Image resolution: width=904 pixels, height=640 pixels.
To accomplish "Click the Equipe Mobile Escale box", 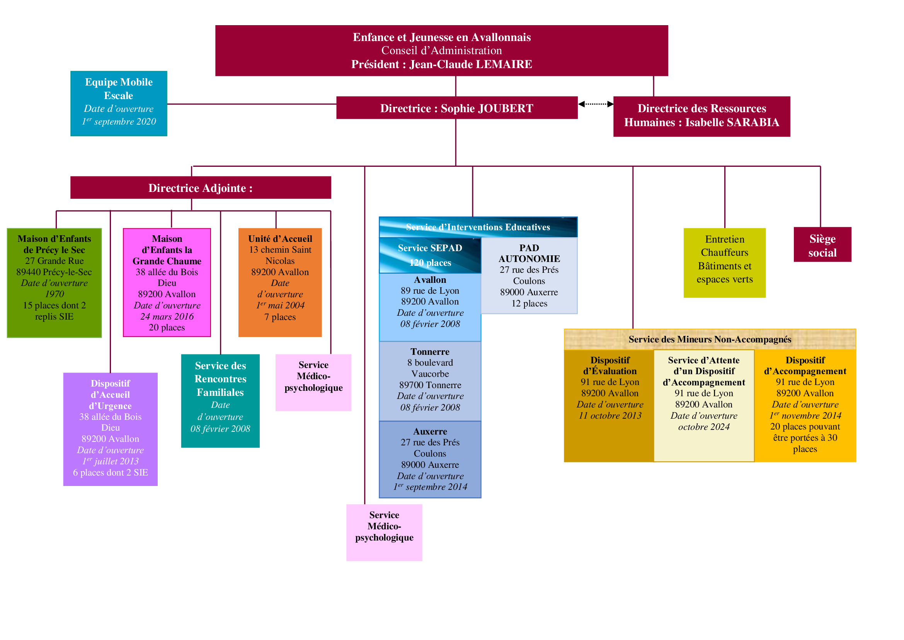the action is point(119,104).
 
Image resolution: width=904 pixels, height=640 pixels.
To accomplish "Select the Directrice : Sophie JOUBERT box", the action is point(457,108).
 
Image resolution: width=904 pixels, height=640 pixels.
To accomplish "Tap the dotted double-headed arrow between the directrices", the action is point(596,104).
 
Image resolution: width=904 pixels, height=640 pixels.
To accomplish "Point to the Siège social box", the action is point(822,244).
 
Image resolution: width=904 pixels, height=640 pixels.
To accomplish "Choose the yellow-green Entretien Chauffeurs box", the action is point(724,263).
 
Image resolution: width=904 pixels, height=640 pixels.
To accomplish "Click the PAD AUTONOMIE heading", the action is point(529,253).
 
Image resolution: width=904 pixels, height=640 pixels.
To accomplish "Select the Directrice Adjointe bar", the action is point(201,188).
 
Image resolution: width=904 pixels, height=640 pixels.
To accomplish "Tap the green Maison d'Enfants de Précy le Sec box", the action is point(54,283).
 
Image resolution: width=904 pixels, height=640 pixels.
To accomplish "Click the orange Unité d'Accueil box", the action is point(280,282).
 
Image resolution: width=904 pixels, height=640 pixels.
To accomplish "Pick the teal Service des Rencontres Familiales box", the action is point(220,401).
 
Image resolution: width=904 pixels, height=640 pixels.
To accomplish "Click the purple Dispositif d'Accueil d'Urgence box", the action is point(110,429).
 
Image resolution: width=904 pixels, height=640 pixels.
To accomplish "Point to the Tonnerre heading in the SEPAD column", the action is point(430,351).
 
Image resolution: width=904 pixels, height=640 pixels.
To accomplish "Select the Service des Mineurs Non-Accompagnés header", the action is point(710,339).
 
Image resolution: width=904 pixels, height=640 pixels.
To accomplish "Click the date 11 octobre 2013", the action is point(610,415).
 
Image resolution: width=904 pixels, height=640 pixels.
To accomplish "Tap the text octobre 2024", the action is point(704,427).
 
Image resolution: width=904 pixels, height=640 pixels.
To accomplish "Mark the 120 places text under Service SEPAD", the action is point(430,262).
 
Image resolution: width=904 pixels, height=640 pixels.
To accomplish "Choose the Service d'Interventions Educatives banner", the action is point(478,227).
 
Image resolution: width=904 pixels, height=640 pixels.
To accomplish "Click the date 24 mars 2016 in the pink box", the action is point(167,317).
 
